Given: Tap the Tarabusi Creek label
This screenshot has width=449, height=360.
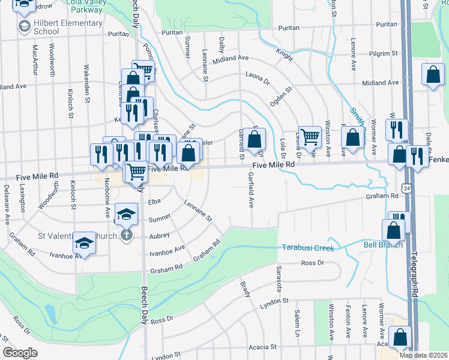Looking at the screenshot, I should tap(307, 247).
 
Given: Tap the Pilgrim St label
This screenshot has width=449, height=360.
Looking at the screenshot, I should tap(384, 53).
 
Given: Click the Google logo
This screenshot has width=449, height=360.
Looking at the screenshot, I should tap(20, 353).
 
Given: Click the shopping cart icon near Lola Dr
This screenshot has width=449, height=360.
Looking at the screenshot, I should tap(310, 137).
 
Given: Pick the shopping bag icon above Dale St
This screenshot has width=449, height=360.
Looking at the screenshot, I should tap(433, 75).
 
